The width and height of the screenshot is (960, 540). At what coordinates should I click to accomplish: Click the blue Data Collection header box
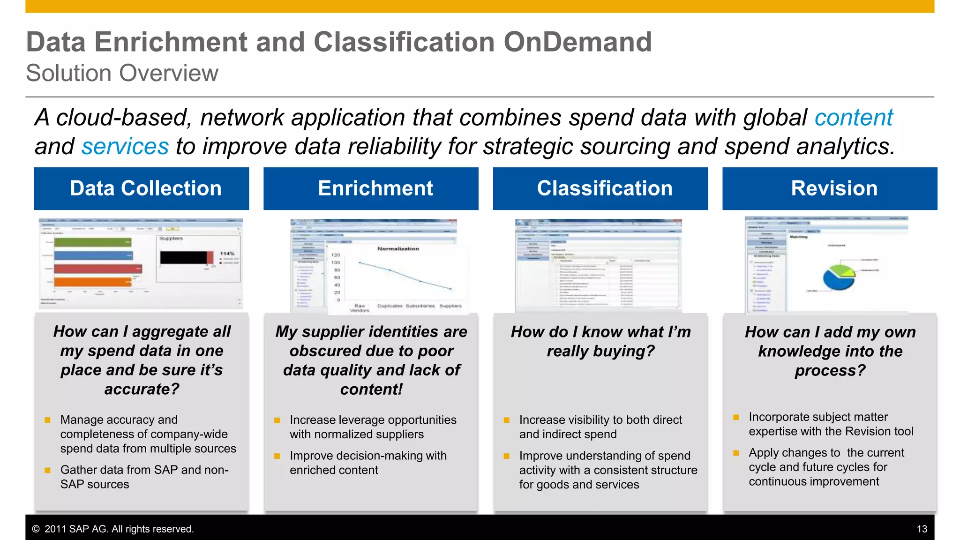coord(141,188)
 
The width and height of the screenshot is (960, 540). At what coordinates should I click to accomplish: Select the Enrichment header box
coord(371,188)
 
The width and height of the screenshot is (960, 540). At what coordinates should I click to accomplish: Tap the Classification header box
coord(600,188)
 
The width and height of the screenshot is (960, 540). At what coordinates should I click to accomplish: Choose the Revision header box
coord(830,188)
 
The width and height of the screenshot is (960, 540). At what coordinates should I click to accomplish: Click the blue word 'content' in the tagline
coord(853,118)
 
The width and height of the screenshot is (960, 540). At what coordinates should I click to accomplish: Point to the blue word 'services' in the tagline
coord(125,147)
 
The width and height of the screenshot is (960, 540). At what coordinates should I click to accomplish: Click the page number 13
coord(922,529)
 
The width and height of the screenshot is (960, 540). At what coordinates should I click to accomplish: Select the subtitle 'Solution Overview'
coord(122,73)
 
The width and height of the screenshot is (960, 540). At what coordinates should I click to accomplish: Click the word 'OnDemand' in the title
coord(577,42)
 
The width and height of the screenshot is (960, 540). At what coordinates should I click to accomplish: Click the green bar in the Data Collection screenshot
coord(92,242)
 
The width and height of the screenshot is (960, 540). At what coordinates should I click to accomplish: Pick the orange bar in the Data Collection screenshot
coord(92,282)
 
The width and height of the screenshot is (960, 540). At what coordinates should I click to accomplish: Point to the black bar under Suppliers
coord(183,257)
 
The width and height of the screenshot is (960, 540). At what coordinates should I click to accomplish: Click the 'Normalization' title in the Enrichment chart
coord(398,249)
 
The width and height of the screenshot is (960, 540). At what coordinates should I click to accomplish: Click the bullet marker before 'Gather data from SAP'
coord(47,470)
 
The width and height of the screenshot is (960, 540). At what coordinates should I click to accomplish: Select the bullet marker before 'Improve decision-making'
coord(277,456)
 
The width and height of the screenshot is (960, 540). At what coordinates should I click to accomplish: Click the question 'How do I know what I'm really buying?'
coord(600,341)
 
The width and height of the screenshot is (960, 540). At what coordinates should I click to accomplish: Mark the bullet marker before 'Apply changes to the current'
coord(736,453)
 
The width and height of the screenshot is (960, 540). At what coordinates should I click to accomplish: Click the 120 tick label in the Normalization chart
coord(336,255)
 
